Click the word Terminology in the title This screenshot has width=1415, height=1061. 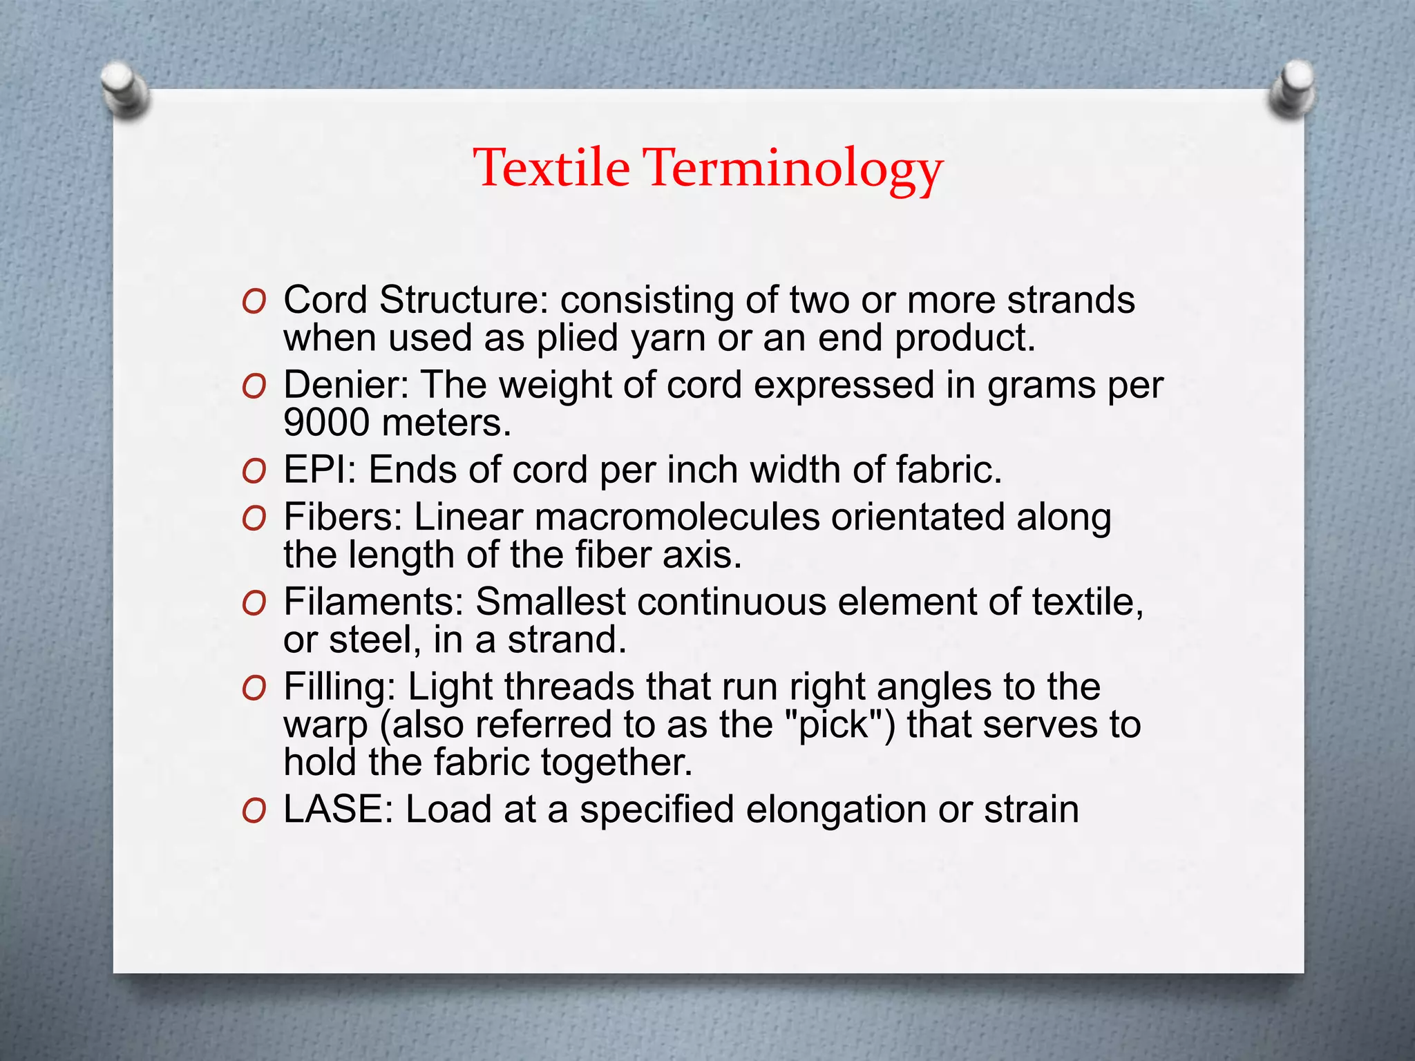pyautogui.click(x=794, y=169)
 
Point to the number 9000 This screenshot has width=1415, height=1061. pyautogui.click(x=327, y=422)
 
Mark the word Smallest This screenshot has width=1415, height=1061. pyautogui.click(x=549, y=602)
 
